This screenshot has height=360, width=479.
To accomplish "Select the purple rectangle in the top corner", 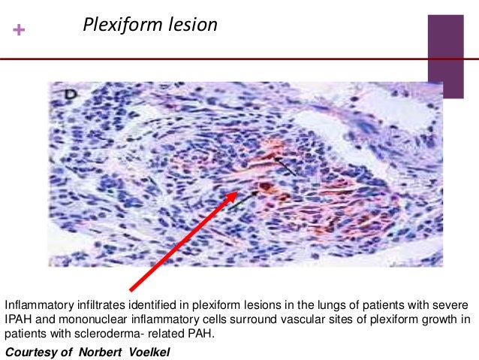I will pyautogui.click(x=446, y=45).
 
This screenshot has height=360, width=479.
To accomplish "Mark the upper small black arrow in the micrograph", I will pyautogui.click(x=285, y=165).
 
